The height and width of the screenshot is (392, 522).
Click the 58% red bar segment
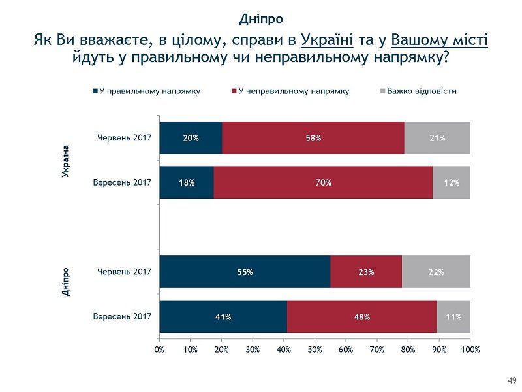313,138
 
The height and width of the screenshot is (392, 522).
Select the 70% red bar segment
324,182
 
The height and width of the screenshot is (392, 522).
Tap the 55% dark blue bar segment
245,272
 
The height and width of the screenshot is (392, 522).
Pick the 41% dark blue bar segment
223,317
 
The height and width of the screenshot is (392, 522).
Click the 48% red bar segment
361,317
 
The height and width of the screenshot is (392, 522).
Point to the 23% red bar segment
366,272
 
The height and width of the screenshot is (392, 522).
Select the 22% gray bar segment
436,272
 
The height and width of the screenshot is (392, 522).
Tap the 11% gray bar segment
453,317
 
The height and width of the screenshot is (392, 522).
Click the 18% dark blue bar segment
187,182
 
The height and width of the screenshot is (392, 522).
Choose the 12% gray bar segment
452,182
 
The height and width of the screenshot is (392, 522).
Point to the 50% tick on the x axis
315,350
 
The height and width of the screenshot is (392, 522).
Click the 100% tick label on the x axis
470,350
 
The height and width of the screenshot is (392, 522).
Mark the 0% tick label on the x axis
159,350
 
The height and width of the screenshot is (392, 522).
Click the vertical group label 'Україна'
65,161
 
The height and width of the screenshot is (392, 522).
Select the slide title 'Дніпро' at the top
261,18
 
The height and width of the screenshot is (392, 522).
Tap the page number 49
512,380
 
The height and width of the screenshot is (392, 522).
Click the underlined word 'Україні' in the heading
327,41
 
